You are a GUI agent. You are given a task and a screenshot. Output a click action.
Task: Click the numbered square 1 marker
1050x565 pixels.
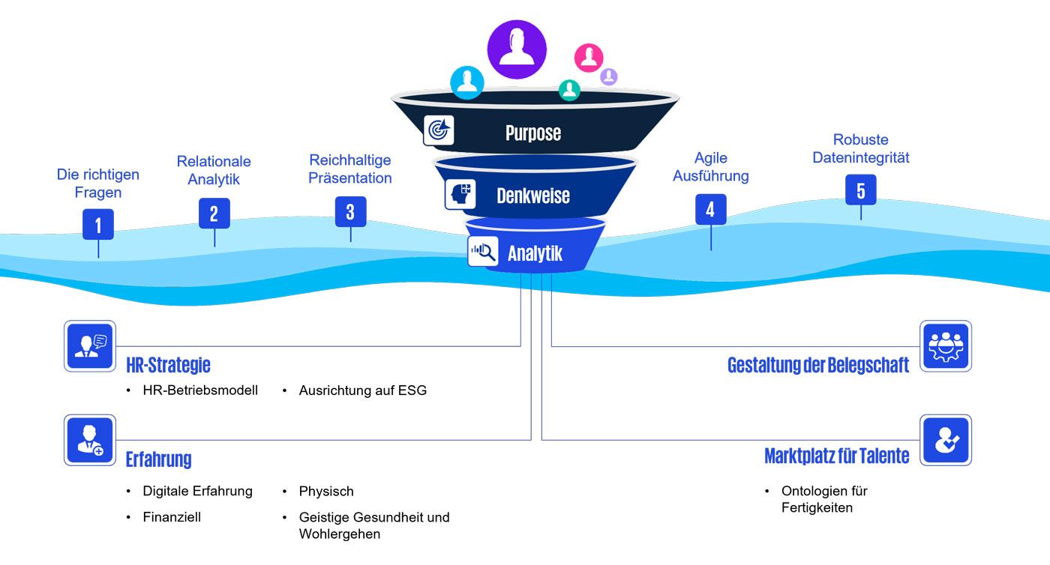[x=98, y=224]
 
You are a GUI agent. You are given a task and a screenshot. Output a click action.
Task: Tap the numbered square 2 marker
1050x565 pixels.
[x=214, y=213]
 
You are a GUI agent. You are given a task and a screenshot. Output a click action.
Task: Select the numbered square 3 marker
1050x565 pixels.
[x=350, y=211]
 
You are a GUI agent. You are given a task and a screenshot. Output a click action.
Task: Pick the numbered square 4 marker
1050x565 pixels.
[x=710, y=209]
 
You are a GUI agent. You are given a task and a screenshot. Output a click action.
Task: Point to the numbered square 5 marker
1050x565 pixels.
[x=860, y=190]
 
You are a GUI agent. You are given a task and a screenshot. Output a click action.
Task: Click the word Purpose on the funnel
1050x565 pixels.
[x=532, y=133]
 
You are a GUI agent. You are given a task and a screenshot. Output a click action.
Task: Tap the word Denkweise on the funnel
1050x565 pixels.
[x=532, y=196]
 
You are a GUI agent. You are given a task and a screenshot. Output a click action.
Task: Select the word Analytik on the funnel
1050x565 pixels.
[x=535, y=253]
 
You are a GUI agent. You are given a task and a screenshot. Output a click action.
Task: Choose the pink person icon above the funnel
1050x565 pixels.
[x=589, y=58]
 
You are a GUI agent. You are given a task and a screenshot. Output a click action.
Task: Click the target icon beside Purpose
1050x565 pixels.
[x=439, y=130]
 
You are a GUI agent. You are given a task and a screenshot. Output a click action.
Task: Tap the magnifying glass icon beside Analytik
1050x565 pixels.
[x=483, y=252]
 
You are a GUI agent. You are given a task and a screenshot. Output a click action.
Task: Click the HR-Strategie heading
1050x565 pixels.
[x=168, y=365]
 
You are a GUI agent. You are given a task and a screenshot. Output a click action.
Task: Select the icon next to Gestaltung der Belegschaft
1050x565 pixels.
[x=946, y=346]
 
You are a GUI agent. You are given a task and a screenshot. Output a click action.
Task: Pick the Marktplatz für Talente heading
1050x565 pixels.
[x=836, y=456]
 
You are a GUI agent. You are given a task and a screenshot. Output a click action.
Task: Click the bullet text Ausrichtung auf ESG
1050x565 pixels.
[x=362, y=390]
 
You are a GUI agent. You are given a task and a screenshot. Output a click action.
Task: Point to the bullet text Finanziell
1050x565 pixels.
[x=172, y=517]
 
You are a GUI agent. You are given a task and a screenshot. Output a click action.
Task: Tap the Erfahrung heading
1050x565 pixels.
[x=158, y=459]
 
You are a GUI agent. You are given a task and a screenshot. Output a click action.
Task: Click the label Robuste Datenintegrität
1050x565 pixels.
[x=860, y=148]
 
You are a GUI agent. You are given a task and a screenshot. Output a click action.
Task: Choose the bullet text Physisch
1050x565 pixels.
[x=326, y=492]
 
